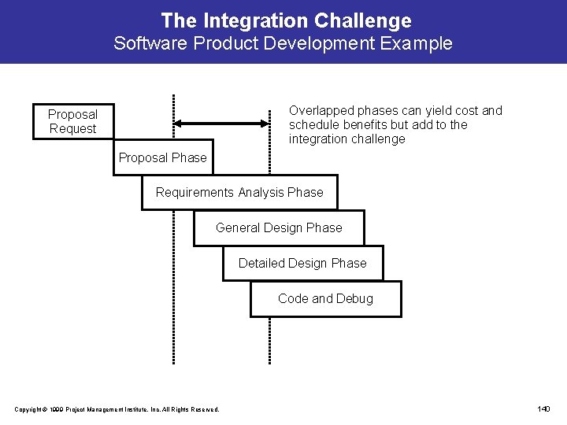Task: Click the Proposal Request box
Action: (x=72, y=122)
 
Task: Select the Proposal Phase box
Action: (x=162, y=158)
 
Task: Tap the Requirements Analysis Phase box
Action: (x=239, y=193)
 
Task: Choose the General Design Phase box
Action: (x=279, y=228)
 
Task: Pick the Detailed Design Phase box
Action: (x=302, y=264)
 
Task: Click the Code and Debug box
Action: (x=325, y=299)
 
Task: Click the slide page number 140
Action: (x=543, y=408)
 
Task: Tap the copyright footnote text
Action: (x=117, y=408)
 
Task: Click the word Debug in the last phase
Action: (x=355, y=299)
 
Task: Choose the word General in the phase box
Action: (x=238, y=228)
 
